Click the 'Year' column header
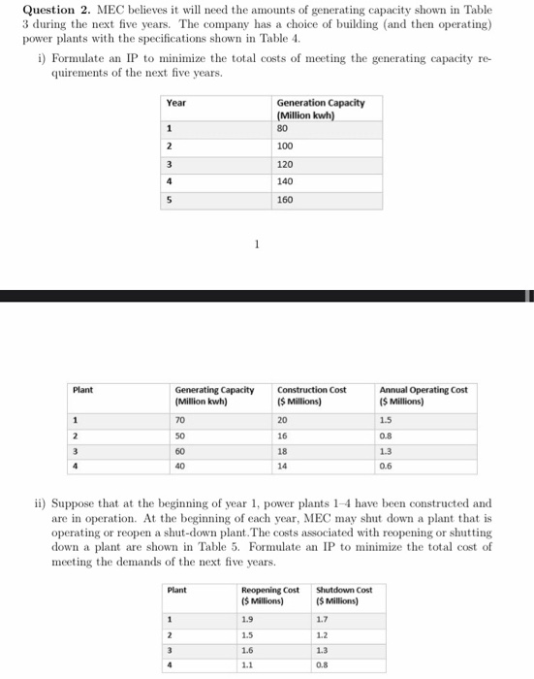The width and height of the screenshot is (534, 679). point(176,102)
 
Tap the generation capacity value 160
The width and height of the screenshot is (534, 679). point(285,200)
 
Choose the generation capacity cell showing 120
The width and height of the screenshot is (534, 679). point(285,164)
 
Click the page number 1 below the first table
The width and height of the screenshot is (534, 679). point(256,245)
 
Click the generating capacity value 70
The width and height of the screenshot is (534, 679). point(180,421)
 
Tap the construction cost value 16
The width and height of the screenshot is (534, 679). point(283,436)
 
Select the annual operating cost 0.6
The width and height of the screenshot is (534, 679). point(386,466)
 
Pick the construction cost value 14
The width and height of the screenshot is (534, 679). point(283,466)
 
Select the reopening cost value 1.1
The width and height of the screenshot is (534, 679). point(246,666)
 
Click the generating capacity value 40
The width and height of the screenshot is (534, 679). point(180,466)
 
